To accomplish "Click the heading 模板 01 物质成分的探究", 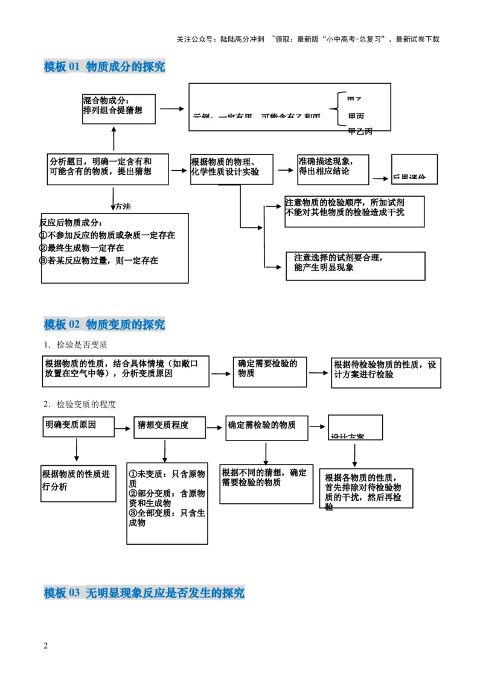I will (x=104, y=67).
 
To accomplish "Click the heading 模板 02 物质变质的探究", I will (x=104, y=325).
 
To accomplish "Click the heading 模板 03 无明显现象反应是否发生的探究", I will (x=144, y=593).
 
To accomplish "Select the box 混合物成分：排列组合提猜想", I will (x=118, y=109).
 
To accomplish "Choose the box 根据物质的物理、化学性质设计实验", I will (x=231, y=168).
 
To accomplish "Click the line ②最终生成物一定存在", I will (x=82, y=248).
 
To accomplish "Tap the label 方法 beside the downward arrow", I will (x=123, y=206).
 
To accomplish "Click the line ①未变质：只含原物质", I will (x=167, y=478).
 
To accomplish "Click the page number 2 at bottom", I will (x=46, y=646).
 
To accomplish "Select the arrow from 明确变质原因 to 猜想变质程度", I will (x=124, y=428).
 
